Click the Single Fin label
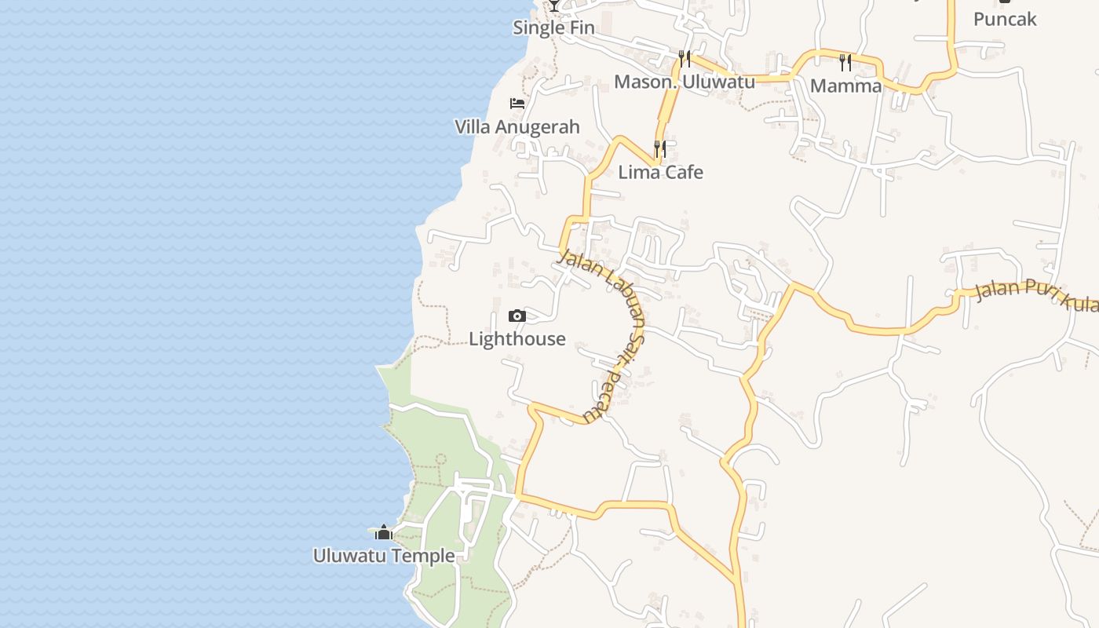(553, 28)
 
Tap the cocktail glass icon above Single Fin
(554, 5)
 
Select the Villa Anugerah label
(517, 127)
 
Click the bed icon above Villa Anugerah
(517, 103)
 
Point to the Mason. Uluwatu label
(684, 82)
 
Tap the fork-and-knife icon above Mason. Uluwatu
(685, 58)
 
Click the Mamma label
(845, 86)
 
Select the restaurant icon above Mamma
(845, 62)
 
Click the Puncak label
(1005, 20)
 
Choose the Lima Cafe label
(660, 173)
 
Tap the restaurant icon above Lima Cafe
(660, 148)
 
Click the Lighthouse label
(517, 339)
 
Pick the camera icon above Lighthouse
(517, 316)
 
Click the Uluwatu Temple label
(384, 556)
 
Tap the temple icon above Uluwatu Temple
(384, 533)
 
